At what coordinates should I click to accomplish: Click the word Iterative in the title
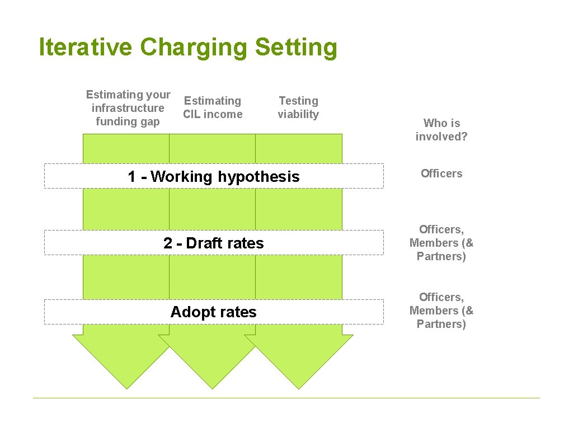(86, 48)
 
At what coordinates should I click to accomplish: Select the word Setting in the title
(296, 48)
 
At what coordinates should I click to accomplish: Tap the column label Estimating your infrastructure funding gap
(128, 108)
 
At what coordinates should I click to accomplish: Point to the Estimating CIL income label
(213, 107)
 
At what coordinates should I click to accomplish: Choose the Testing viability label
(298, 107)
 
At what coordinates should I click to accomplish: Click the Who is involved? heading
(441, 130)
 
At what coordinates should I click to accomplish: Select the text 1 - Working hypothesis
(214, 177)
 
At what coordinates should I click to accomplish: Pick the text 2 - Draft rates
(214, 243)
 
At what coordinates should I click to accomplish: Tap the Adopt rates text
(214, 312)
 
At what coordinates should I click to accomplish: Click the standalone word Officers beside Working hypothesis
(441, 173)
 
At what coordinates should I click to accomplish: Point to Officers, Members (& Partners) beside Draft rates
(441, 243)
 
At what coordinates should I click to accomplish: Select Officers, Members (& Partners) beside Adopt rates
(441, 311)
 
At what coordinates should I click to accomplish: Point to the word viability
(298, 114)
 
